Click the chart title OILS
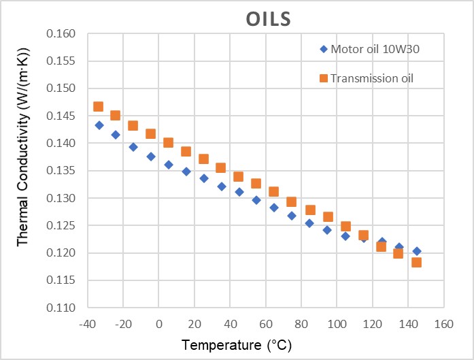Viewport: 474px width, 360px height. click(x=268, y=18)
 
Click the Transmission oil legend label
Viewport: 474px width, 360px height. click(x=372, y=78)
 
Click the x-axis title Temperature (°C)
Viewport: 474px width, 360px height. click(x=237, y=345)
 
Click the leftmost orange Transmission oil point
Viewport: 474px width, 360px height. click(x=98, y=106)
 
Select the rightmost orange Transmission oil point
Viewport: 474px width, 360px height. click(x=416, y=262)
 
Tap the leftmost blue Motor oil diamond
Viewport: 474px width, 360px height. click(x=99, y=125)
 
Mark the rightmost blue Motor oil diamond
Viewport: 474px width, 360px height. click(x=417, y=251)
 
